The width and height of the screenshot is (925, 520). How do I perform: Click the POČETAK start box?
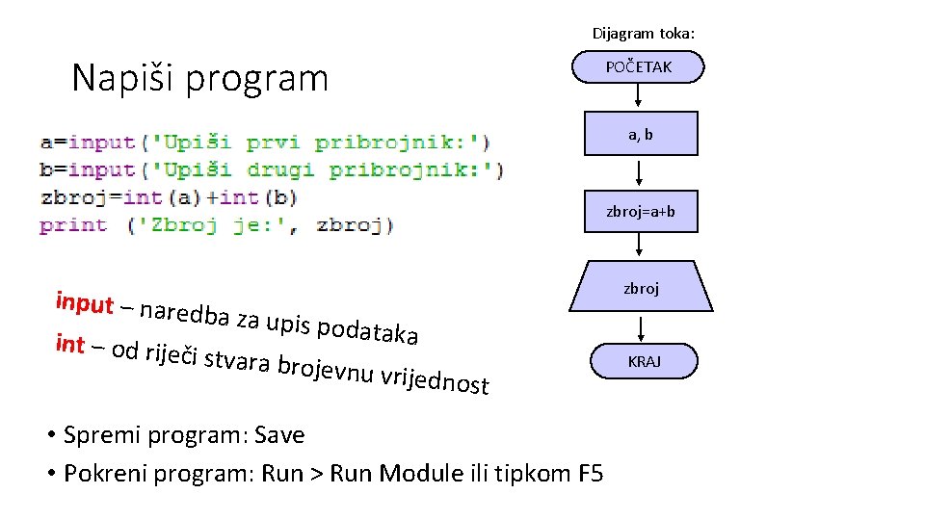click(x=639, y=67)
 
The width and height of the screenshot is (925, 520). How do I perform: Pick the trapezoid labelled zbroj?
click(x=641, y=287)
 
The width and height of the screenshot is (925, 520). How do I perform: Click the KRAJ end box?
click(x=643, y=362)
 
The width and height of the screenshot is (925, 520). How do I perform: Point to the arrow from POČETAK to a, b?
click(x=639, y=96)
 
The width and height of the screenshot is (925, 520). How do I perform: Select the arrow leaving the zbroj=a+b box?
click(x=641, y=247)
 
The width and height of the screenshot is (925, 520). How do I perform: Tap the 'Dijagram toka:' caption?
click(x=643, y=34)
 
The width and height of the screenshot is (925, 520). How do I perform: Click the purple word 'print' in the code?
click(x=73, y=225)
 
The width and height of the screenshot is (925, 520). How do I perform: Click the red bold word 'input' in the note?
click(x=84, y=302)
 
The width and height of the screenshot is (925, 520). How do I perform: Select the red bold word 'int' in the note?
click(x=70, y=343)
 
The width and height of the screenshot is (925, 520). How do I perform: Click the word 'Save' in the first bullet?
click(x=280, y=435)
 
